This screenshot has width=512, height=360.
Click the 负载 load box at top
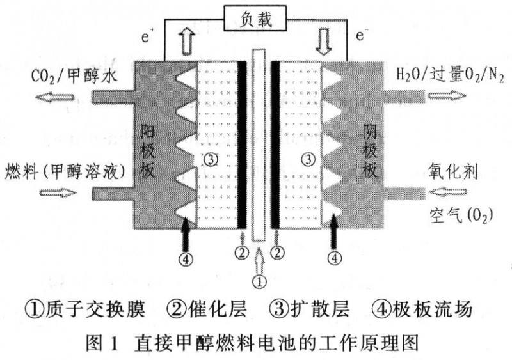(x=255, y=19)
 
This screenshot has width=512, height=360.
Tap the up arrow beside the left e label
(x=187, y=42)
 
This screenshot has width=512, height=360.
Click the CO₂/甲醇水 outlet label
(x=74, y=77)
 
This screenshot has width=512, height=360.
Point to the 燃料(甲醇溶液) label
(x=66, y=171)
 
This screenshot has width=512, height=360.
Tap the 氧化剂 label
(x=453, y=171)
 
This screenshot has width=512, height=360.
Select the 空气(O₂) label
(x=461, y=215)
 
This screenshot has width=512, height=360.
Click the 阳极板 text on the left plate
(x=147, y=150)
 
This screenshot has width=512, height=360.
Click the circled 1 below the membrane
(x=260, y=282)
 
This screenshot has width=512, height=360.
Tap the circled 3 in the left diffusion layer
(x=211, y=160)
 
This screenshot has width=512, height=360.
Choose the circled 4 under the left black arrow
(x=186, y=260)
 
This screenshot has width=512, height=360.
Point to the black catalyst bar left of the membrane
(x=242, y=145)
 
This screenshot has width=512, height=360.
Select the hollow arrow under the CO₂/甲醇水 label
(x=54, y=97)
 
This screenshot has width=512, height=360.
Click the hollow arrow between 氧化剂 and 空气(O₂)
(x=447, y=192)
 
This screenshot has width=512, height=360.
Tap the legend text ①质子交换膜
(x=84, y=309)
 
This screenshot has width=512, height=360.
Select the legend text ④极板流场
(x=422, y=309)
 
